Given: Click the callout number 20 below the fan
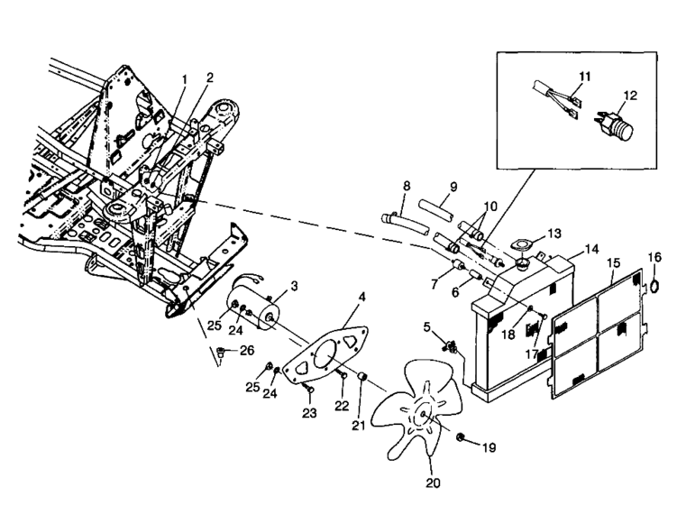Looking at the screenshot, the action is pyautogui.click(x=433, y=483).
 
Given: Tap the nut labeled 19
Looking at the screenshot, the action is pyautogui.click(x=461, y=437).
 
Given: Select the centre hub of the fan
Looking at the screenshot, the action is pyautogui.click(x=422, y=415).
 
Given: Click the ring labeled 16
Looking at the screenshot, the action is pyautogui.click(x=654, y=285).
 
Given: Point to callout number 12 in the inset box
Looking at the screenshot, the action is pyautogui.click(x=630, y=96).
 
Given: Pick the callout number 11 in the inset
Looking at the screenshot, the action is pyautogui.click(x=585, y=77).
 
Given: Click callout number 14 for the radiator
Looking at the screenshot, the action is pyautogui.click(x=592, y=249).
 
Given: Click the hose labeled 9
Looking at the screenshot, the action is pyautogui.click(x=436, y=208).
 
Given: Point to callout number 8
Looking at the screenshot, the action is pyautogui.click(x=407, y=186).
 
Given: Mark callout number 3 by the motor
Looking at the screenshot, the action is pyautogui.click(x=294, y=286).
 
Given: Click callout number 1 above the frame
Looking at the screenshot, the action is pyautogui.click(x=185, y=79).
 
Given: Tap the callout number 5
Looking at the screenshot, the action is pyautogui.click(x=427, y=327).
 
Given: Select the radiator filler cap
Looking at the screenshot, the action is pyautogui.click(x=523, y=264).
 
